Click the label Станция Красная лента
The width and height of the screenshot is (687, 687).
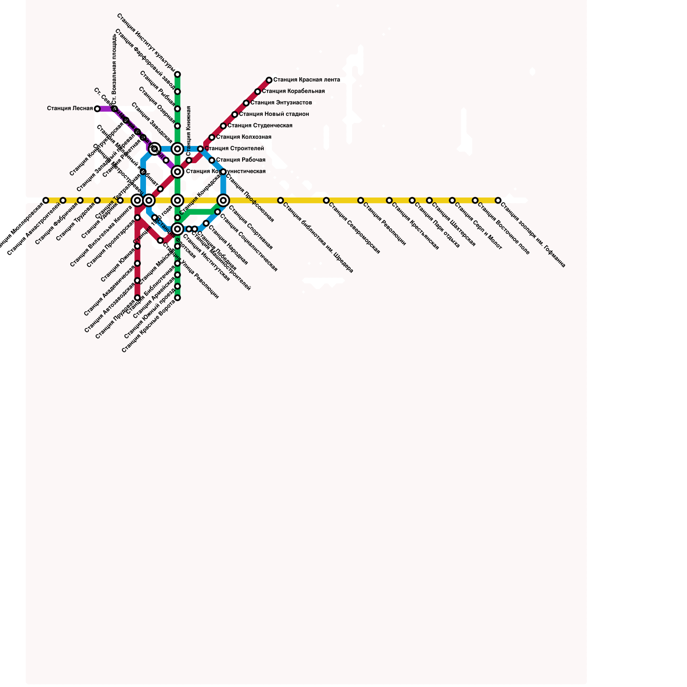[x=307, y=80]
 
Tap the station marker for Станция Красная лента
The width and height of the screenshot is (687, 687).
[x=269, y=80]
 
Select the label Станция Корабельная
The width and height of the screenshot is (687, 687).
[x=293, y=91]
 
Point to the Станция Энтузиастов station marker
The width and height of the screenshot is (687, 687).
[x=246, y=103]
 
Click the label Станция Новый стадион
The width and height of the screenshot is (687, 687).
[x=274, y=114]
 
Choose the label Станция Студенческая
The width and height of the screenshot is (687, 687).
[x=260, y=126]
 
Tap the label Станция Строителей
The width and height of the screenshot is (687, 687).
[x=234, y=149]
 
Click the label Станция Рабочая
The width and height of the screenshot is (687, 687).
[x=240, y=160]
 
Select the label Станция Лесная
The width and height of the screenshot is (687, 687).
[x=70, y=109]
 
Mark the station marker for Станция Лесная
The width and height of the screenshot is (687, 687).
[x=97, y=109]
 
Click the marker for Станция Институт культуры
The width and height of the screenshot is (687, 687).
[x=177, y=74]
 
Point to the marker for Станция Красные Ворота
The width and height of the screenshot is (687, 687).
[x=177, y=298]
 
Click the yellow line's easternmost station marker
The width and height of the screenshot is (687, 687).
[x=498, y=201]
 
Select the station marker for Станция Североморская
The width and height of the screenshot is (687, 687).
[x=326, y=201]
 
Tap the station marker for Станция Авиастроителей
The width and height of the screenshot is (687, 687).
[x=63, y=201]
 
